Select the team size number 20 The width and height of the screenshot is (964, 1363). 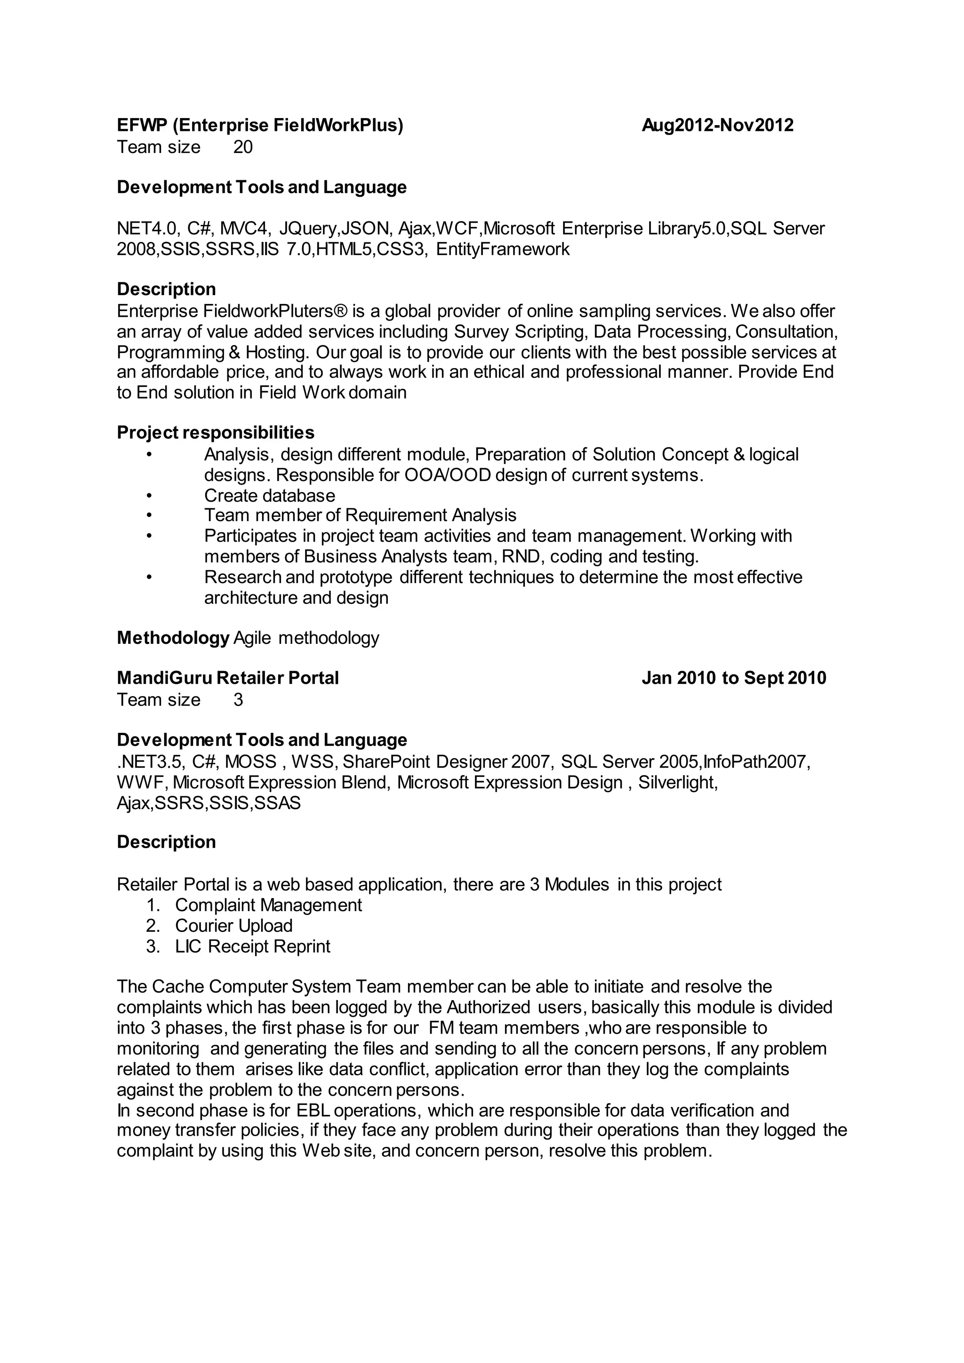coord(243,147)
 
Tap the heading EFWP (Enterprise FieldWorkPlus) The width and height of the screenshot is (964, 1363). coord(260,125)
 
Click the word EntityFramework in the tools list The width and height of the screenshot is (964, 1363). coord(502,249)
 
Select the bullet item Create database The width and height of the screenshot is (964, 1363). coord(270,496)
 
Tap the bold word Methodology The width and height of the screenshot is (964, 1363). coord(173,638)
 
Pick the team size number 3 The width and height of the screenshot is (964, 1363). coord(238,700)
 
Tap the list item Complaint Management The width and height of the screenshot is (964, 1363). coord(268,906)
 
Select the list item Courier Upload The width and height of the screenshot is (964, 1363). coord(234,926)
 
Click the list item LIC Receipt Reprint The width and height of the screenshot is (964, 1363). coord(252,946)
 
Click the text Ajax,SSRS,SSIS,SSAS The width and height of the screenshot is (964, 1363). coord(209,803)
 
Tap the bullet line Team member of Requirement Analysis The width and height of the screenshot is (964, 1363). coord(360,515)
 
